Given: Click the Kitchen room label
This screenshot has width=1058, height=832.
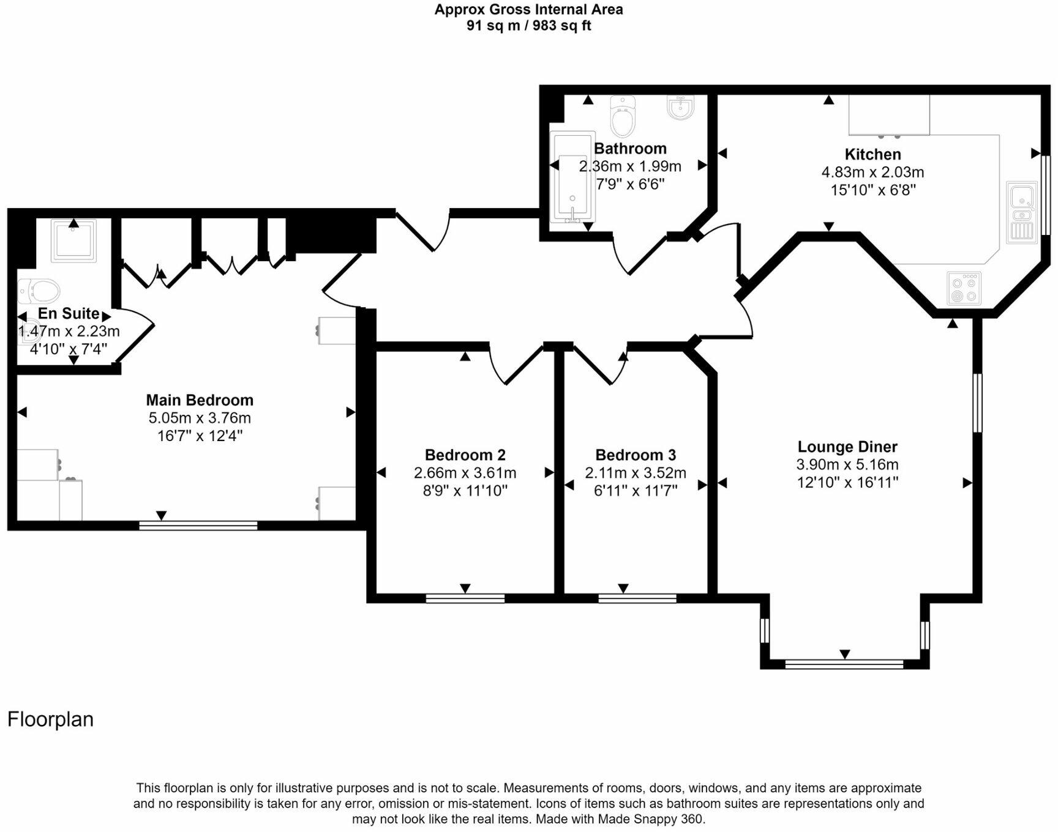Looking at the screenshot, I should pyautogui.click(x=872, y=154).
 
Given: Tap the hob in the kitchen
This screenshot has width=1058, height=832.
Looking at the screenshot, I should pyautogui.click(x=964, y=289).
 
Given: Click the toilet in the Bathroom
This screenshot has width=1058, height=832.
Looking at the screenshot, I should pyautogui.click(x=623, y=116).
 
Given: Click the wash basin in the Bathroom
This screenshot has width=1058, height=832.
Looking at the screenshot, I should pyautogui.click(x=680, y=108).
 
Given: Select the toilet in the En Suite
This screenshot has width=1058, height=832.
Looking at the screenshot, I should pyautogui.click(x=38, y=291).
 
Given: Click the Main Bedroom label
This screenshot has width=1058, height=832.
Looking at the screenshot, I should pyautogui.click(x=200, y=400).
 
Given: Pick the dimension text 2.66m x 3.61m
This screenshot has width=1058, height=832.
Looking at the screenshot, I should pyautogui.click(x=465, y=473).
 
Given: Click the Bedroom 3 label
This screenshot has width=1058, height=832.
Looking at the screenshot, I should pyautogui.click(x=636, y=455).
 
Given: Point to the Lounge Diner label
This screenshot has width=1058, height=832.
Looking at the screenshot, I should pyautogui.click(x=847, y=447).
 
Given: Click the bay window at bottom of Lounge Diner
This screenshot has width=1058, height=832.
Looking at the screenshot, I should pyautogui.click(x=844, y=663).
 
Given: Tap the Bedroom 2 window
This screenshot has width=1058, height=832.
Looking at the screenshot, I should pyautogui.click(x=465, y=598).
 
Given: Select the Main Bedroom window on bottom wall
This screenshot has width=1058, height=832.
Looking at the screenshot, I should pyautogui.click(x=198, y=525).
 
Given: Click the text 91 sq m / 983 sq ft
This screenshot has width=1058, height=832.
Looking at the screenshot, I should pyautogui.click(x=528, y=26).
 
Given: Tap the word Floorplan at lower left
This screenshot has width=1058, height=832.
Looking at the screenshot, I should pyautogui.click(x=50, y=719).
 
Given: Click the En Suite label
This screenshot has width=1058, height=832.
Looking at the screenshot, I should pyautogui.click(x=69, y=313).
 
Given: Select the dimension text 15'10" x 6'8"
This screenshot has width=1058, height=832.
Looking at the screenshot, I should pyautogui.click(x=872, y=190).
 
